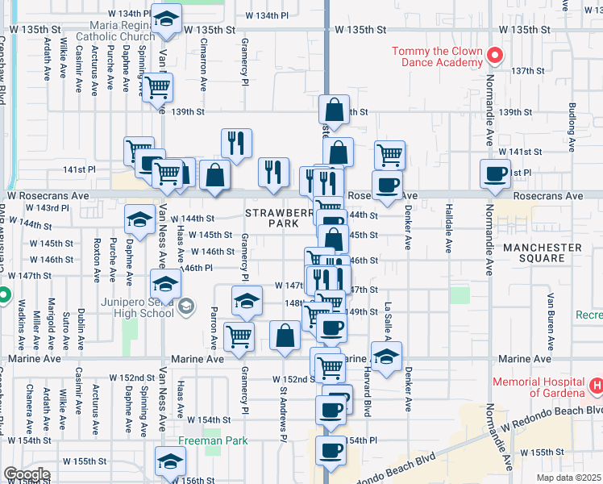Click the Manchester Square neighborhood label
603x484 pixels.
(543, 252)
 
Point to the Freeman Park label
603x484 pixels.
(212, 440)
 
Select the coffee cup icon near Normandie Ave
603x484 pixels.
(495, 173)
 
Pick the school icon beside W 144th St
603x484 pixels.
(139, 218)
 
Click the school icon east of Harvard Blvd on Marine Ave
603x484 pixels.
(386, 355)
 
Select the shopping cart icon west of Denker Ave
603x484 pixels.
(389, 152)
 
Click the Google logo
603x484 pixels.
(27, 474)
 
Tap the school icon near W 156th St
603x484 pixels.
(171, 462)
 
